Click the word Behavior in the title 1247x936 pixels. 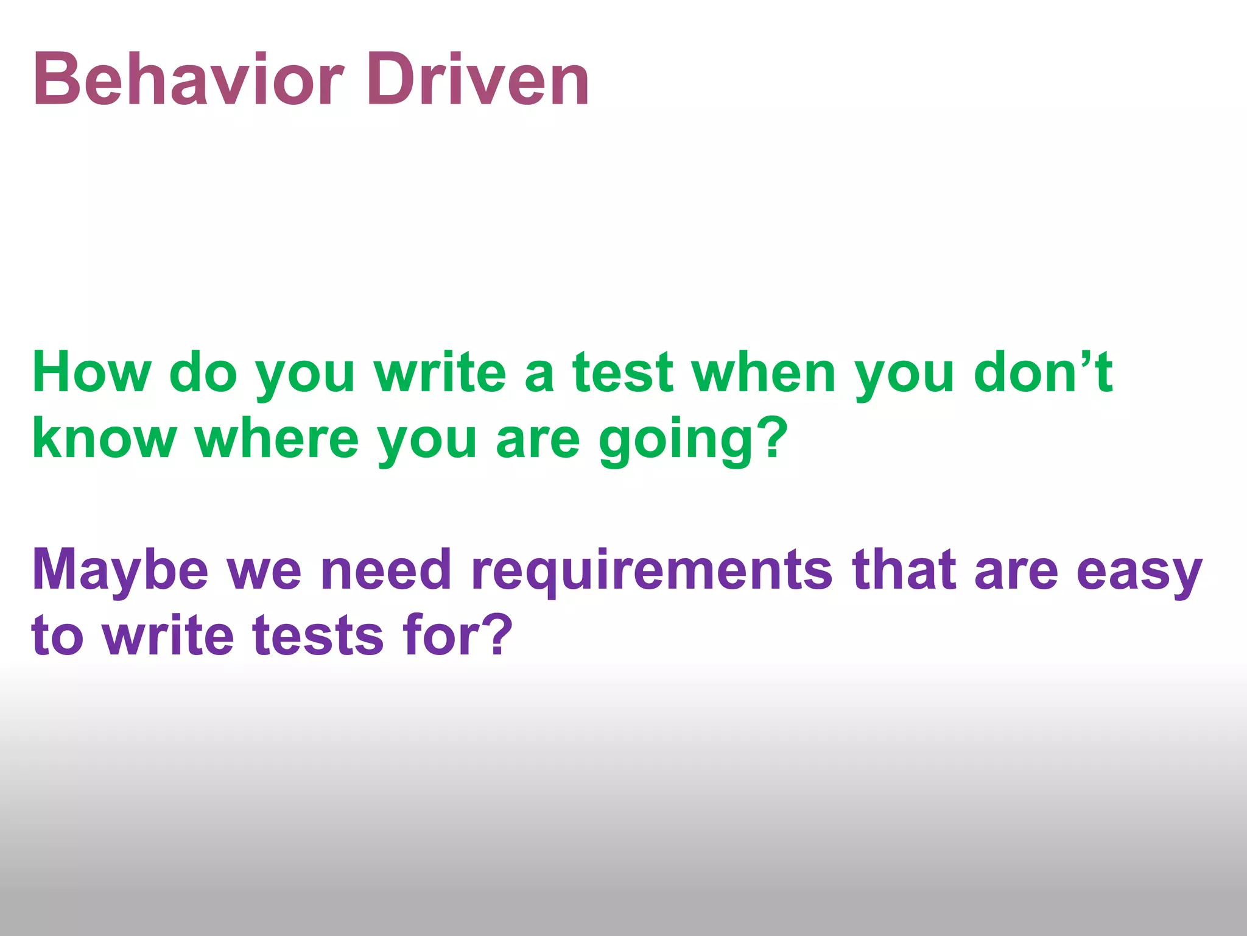pos(189,79)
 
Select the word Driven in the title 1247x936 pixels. pos(478,79)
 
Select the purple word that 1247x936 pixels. pos(904,570)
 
